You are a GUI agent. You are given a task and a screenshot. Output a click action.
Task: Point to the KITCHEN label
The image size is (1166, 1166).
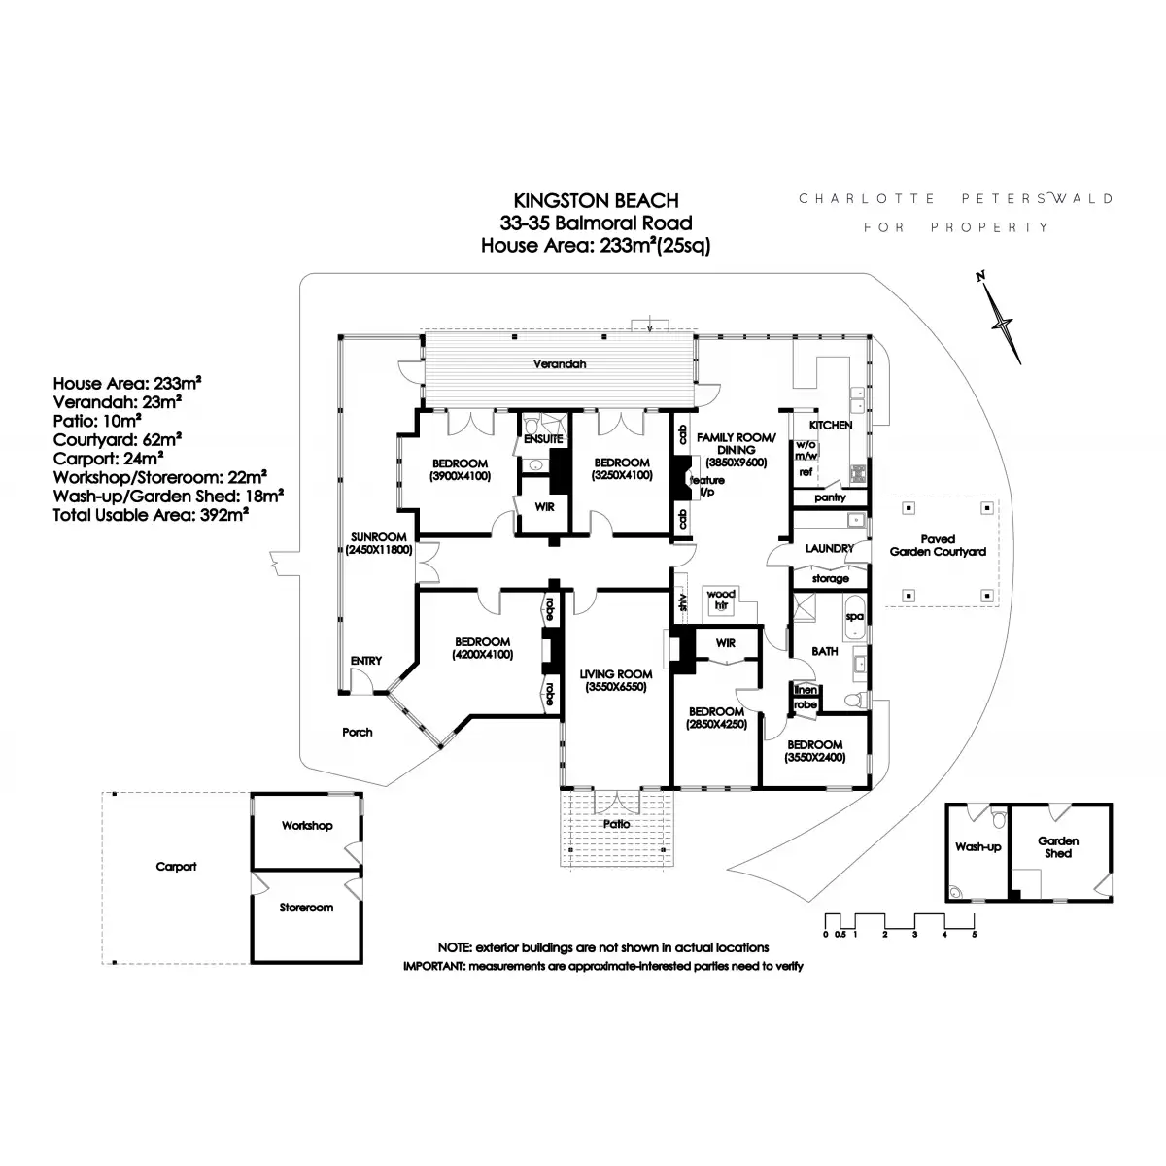coord(831,425)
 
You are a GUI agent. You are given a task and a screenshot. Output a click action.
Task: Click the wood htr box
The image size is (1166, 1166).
coord(721,600)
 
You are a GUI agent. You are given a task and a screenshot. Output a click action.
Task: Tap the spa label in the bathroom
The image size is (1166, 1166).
coord(854,616)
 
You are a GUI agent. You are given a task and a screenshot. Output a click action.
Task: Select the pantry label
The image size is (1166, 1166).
coord(830,497)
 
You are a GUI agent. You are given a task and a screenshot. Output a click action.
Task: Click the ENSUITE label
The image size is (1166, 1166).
coord(542,439)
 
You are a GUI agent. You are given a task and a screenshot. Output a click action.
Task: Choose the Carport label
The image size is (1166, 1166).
coord(176,867)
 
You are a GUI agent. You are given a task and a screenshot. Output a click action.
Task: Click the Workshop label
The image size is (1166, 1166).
coord(307,826)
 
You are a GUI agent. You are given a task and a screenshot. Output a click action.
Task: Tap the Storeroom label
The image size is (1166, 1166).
coord(306,908)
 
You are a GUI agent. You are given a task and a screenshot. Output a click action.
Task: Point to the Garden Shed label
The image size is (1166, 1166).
coord(1058,847)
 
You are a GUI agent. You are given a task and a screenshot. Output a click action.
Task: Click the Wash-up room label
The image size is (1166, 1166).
coord(977,847)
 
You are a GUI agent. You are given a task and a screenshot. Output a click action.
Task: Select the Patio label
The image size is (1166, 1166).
coord(616,824)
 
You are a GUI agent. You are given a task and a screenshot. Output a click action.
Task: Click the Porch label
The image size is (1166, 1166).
coord(358,732)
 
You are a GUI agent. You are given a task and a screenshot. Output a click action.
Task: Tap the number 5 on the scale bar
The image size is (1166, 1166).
coord(974,934)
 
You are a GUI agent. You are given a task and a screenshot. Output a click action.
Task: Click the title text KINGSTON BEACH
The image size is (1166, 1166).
coord(596,201)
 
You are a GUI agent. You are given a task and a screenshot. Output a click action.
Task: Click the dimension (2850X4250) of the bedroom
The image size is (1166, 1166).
coord(715,724)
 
